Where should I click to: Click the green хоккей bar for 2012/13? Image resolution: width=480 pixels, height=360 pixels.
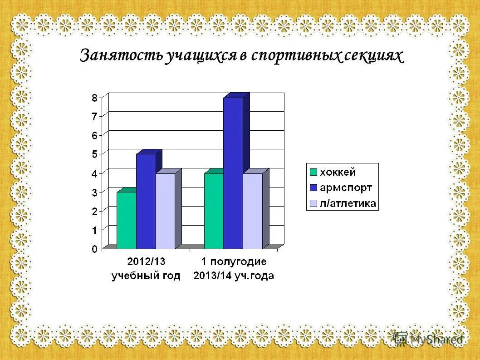[x=126, y=221]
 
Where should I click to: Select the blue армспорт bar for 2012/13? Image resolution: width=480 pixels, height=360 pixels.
[x=146, y=202]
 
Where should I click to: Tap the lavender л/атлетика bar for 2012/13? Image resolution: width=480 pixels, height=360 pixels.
[x=165, y=211]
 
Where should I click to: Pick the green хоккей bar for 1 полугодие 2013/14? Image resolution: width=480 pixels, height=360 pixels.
[x=214, y=211]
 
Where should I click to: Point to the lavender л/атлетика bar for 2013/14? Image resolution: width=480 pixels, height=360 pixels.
[x=253, y=211]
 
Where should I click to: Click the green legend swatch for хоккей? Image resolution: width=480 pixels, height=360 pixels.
[x=313, y=173]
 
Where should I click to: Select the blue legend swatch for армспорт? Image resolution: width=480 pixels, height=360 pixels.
[x=313, y=187]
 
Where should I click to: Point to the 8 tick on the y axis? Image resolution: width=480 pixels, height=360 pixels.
[x=94, y=97]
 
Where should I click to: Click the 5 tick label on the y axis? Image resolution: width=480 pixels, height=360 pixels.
[x=94, y=154]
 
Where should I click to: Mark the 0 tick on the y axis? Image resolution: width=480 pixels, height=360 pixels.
[x=94, y=249]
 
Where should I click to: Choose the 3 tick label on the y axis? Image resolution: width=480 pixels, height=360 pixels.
[x=94, y=192]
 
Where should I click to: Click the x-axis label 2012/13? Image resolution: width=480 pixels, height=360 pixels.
[x=146, y=262]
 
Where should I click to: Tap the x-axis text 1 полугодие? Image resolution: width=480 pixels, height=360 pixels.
[x=234, y=262]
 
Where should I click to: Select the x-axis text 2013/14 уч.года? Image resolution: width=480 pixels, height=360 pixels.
[x=234, y=276]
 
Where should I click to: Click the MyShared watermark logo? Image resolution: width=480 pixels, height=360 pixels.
[x=429, y=339]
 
